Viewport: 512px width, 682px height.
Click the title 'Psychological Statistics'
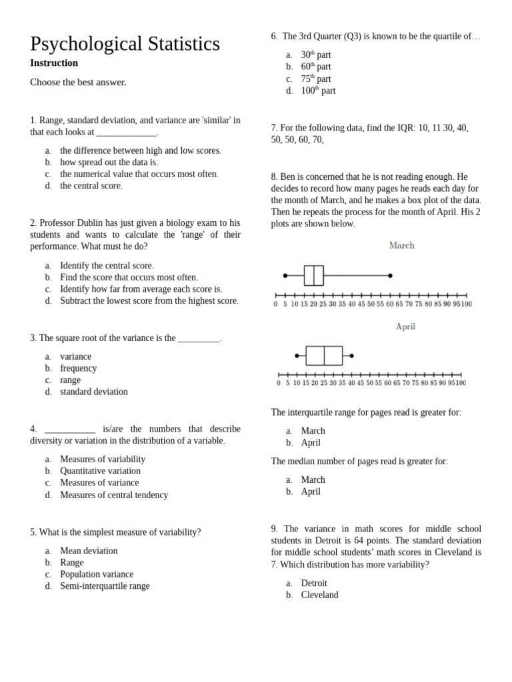(125, 44)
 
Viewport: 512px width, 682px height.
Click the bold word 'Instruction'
(54, 63)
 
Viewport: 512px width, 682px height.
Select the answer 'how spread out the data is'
(109, 163)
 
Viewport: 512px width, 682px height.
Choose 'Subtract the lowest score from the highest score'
(149, 301)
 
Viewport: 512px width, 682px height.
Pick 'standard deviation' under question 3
(93, 392)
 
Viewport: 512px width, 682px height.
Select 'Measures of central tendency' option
(114, 495)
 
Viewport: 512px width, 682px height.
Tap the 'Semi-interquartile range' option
(105, 586)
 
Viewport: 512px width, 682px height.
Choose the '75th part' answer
(316, 79)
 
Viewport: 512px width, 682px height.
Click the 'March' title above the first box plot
(401, 246)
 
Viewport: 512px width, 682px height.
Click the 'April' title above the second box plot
(405, 327)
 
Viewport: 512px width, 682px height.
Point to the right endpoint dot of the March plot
(391, 275)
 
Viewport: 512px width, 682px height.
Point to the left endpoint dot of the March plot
(285, 275)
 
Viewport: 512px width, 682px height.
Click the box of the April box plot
(324, 356)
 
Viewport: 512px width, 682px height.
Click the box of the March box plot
(313, 275)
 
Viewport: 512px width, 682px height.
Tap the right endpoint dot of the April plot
(352, 356)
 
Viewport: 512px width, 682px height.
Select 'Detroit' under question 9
(314, 583)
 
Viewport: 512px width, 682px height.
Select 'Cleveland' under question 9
(319, 595)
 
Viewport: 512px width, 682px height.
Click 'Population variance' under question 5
(97, 574)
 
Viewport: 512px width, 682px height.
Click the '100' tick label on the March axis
(467, 304)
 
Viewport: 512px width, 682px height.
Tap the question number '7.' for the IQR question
(274, 128)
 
